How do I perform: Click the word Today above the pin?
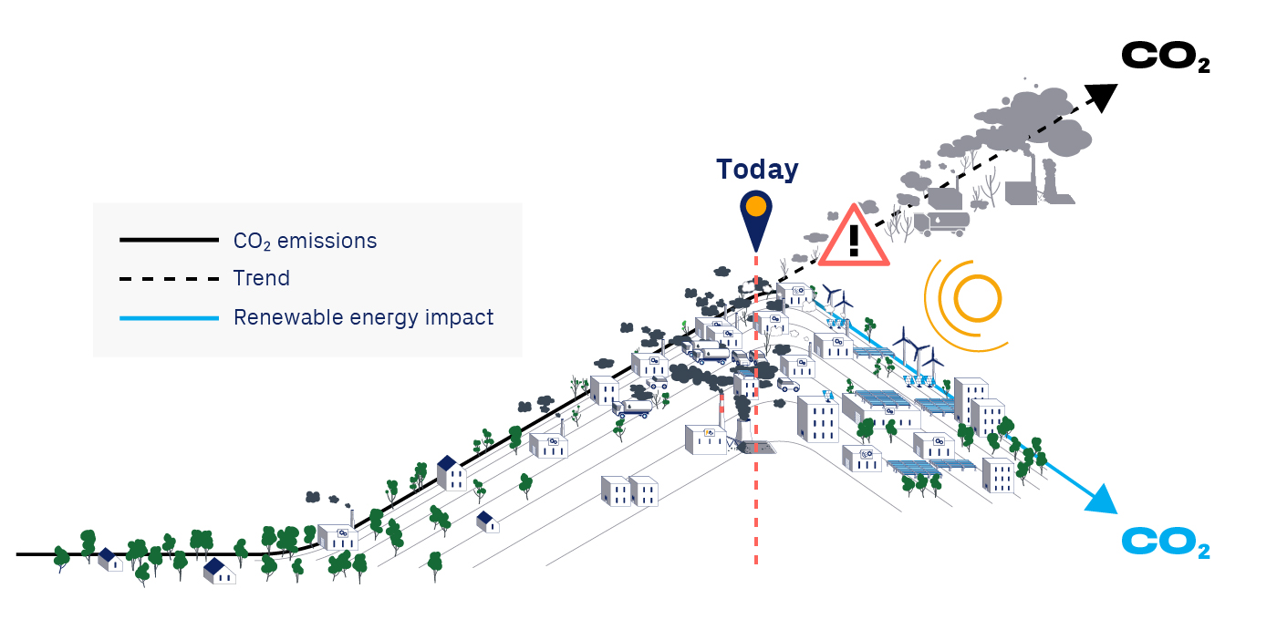757,170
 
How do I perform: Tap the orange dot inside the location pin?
755,207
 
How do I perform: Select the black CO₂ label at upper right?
1165,57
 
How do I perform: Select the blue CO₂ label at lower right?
1165,543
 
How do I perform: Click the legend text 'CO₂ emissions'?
305,241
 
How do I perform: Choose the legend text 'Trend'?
262,278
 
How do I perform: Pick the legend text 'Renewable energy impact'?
363,317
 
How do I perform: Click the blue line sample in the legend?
169,318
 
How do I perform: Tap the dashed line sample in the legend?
169,279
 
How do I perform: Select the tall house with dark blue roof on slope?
451,473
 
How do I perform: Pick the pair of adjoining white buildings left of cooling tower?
629,491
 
